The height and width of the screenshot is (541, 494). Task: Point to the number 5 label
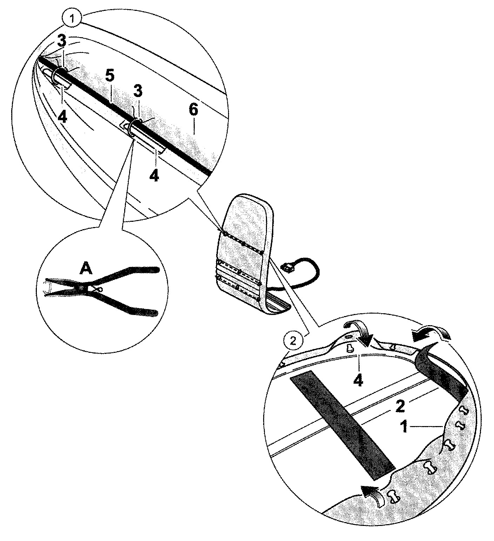coord(109,76)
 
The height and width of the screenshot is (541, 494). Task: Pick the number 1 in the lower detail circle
coord(405,427)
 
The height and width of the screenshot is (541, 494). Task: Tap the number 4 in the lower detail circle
coord(358,381)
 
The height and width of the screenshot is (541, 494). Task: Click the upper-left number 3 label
coord(62,41)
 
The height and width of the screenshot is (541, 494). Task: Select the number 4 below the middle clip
coord(154,175)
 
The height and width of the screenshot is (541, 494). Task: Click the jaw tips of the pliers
coord(49,287)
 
